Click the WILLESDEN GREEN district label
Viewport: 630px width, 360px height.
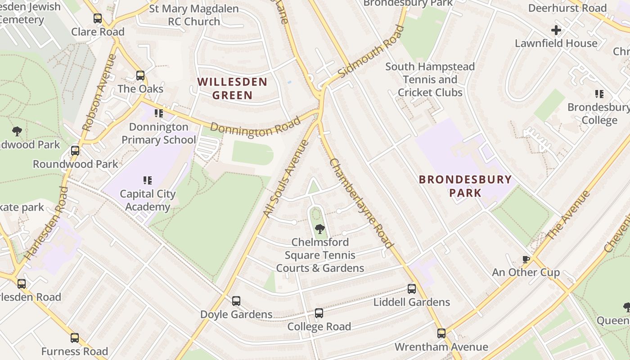click(232, 89)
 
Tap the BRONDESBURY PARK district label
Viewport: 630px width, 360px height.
click(465, 186)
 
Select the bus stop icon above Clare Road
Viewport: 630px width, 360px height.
click(98, 18)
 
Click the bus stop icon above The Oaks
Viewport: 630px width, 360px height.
click(140, 76)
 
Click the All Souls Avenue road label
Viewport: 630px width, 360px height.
click(286, 179)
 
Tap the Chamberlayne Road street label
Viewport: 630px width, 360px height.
click(361, 203)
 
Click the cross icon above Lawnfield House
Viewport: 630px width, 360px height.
click(556, 30)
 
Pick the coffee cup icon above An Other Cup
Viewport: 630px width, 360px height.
click(526, 259)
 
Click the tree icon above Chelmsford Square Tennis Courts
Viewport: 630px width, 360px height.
click(320, 229)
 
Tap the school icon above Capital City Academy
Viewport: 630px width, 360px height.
click(147, 180)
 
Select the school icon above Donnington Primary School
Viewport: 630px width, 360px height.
click(158, 113)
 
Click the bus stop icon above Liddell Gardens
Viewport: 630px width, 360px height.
click(412, 289)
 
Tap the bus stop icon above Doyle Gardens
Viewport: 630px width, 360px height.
click(236, 301)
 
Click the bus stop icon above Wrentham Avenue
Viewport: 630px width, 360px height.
click(441, 333)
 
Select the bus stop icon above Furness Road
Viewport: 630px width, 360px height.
click(75, 338)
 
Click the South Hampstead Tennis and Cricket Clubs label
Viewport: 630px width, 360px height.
click(430, 80)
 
